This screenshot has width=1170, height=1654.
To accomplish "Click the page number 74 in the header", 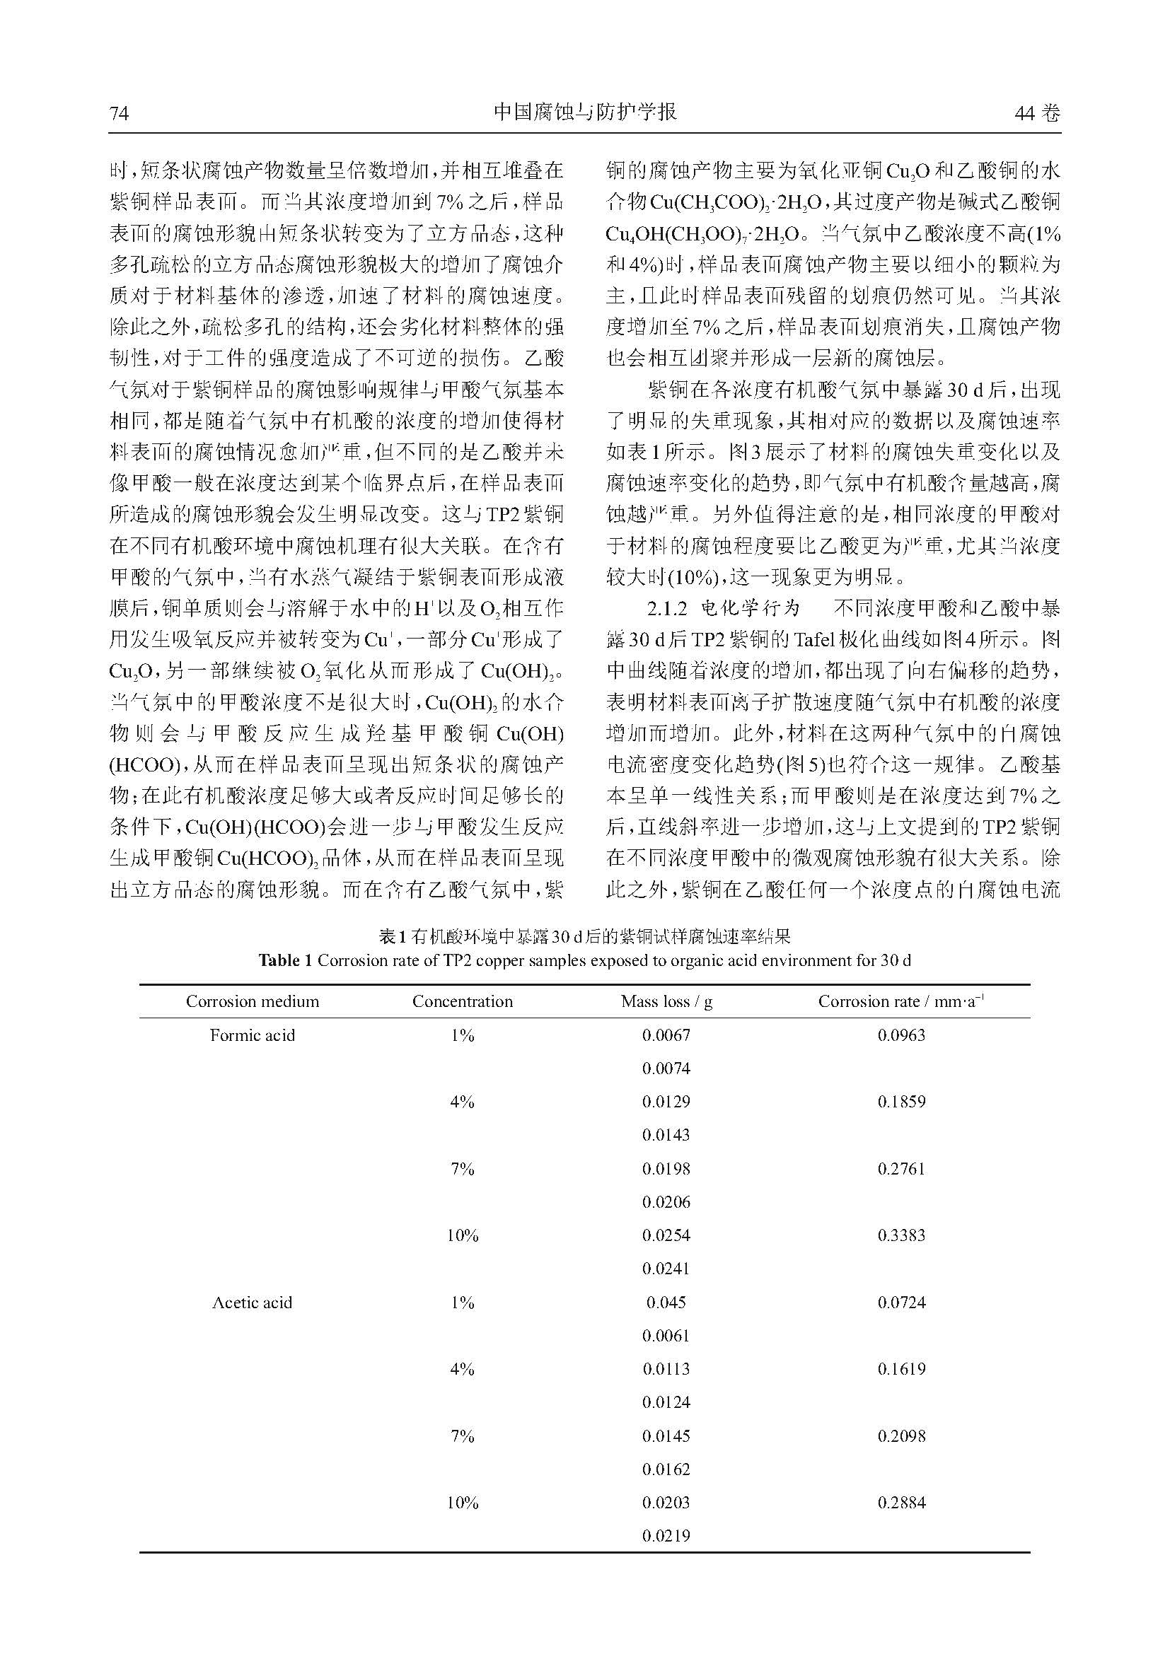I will (x=119, y=114).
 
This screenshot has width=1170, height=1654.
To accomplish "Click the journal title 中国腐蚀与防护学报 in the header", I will (x=585, y=112).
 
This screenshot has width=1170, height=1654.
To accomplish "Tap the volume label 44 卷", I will (x=1038, y=114).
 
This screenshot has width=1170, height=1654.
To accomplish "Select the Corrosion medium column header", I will (x=252, y=1001).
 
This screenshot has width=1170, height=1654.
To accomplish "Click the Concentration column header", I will (x=463, y=1001).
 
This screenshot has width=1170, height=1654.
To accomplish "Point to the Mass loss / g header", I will (x=666, y=1001).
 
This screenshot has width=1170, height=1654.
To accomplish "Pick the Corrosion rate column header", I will (x=901, y=1001).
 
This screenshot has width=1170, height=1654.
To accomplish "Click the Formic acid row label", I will (x=252, y=1035).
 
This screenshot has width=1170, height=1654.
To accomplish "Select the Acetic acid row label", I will (x=252, y=1302).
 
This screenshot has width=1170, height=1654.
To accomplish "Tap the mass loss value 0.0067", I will (x=666, y=1035).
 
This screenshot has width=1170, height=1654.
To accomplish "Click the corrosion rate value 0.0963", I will (x=901, y=1035).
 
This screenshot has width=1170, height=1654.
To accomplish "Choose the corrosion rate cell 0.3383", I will (x=901, y=1235).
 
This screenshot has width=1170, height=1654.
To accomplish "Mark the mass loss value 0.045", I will (x=666, y=1302).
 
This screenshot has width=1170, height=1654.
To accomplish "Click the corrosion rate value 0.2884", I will (x=901, y=1502).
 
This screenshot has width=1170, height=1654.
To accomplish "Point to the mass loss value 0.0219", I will (x=666, y=1535).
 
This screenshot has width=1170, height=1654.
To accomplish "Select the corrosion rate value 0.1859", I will (x=901, y=1102).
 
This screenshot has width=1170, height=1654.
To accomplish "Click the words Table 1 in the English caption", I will (x=286, y=960).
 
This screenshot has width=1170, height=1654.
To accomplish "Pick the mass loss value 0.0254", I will (x=666, y=1235).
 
